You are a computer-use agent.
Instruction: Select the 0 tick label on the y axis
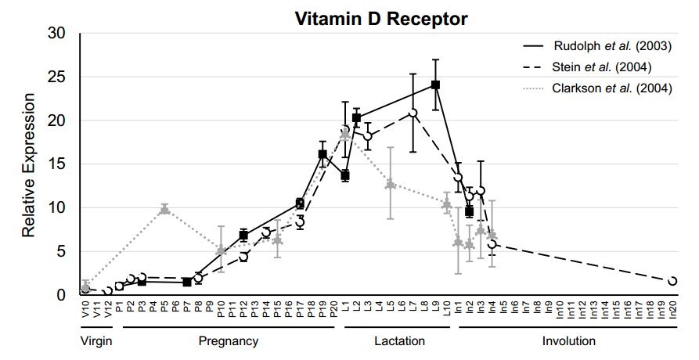pos(60,295)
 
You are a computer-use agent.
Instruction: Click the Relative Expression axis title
pos(28,165)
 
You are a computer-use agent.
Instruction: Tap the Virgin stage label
pos(96,342)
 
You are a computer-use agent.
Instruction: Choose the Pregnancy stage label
pos(229,342)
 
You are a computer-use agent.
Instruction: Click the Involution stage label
pos(569,342)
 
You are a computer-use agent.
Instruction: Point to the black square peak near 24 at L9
pos(435,85)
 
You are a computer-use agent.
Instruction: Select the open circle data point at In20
pos(672,280)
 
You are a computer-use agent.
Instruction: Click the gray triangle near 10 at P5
pos(164,209)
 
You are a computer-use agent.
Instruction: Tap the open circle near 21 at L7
pos(413,113)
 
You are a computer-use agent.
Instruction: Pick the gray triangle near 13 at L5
pos(390,184)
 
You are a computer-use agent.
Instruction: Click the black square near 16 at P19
pos(322,154)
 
